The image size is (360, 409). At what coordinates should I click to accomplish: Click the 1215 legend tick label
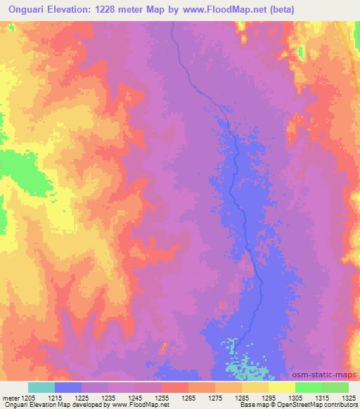click(55, 397)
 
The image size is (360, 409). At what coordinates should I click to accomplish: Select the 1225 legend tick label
click(82, 397)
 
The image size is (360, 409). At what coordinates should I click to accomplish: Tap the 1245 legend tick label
click(135, 397)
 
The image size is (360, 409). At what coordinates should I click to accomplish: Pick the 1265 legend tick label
click(188, 397)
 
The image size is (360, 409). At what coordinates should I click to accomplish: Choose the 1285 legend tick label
click(242, 397)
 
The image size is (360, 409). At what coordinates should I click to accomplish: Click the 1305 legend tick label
click(295, 397)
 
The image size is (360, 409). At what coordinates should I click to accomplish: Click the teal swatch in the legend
click(41, 387)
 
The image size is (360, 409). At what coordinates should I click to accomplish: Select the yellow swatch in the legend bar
click(281, 387)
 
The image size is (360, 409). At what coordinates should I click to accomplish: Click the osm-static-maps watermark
click(330, 376)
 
